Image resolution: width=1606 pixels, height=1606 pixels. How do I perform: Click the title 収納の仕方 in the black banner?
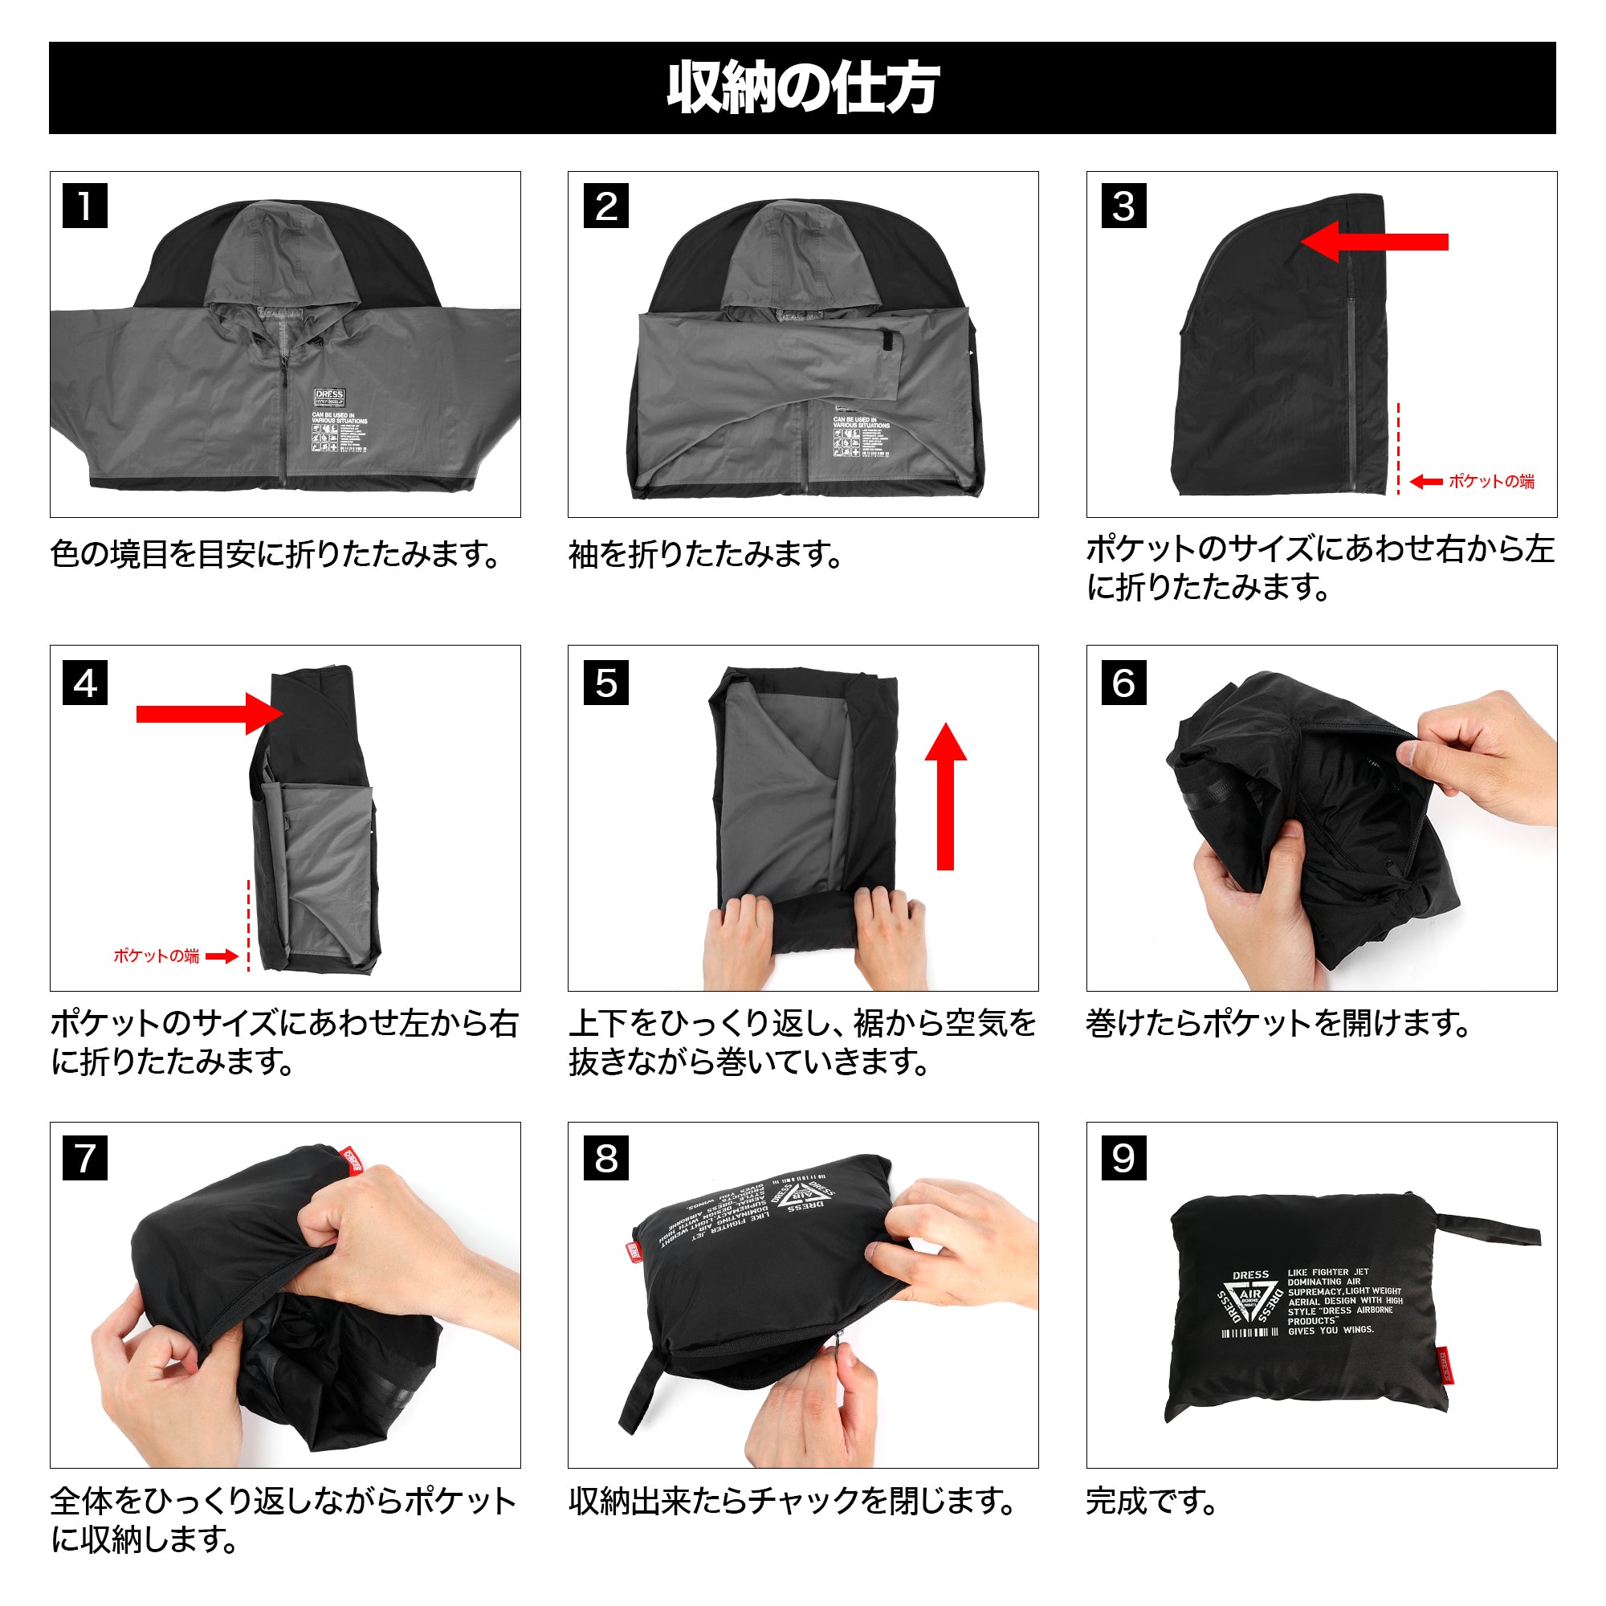coord(802,88)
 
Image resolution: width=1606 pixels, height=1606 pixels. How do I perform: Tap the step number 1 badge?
coord(85,206)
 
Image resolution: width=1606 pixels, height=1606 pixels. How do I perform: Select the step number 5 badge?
coord(606,683)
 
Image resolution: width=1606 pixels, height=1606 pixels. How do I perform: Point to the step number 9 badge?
coord(1124,1158)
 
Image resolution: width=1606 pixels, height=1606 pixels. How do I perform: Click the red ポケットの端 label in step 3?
coord(1490,481)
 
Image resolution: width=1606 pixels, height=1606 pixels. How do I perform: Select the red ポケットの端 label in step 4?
coord(157,956)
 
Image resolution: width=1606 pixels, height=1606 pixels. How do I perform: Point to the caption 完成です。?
coord(1152,1502)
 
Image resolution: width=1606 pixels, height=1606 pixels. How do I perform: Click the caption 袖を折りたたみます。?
coord(705,554)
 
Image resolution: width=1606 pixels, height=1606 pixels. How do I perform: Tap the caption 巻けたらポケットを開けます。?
coord(1278,1023)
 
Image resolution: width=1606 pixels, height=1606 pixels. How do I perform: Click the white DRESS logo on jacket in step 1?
coord(329,396)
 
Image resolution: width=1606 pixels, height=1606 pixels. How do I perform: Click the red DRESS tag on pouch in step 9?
coord(1444,1364)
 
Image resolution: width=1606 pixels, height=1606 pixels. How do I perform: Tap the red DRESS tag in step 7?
coord(352,1160)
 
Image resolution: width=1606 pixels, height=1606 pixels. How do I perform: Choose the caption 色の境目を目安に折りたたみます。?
coord(275,554)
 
